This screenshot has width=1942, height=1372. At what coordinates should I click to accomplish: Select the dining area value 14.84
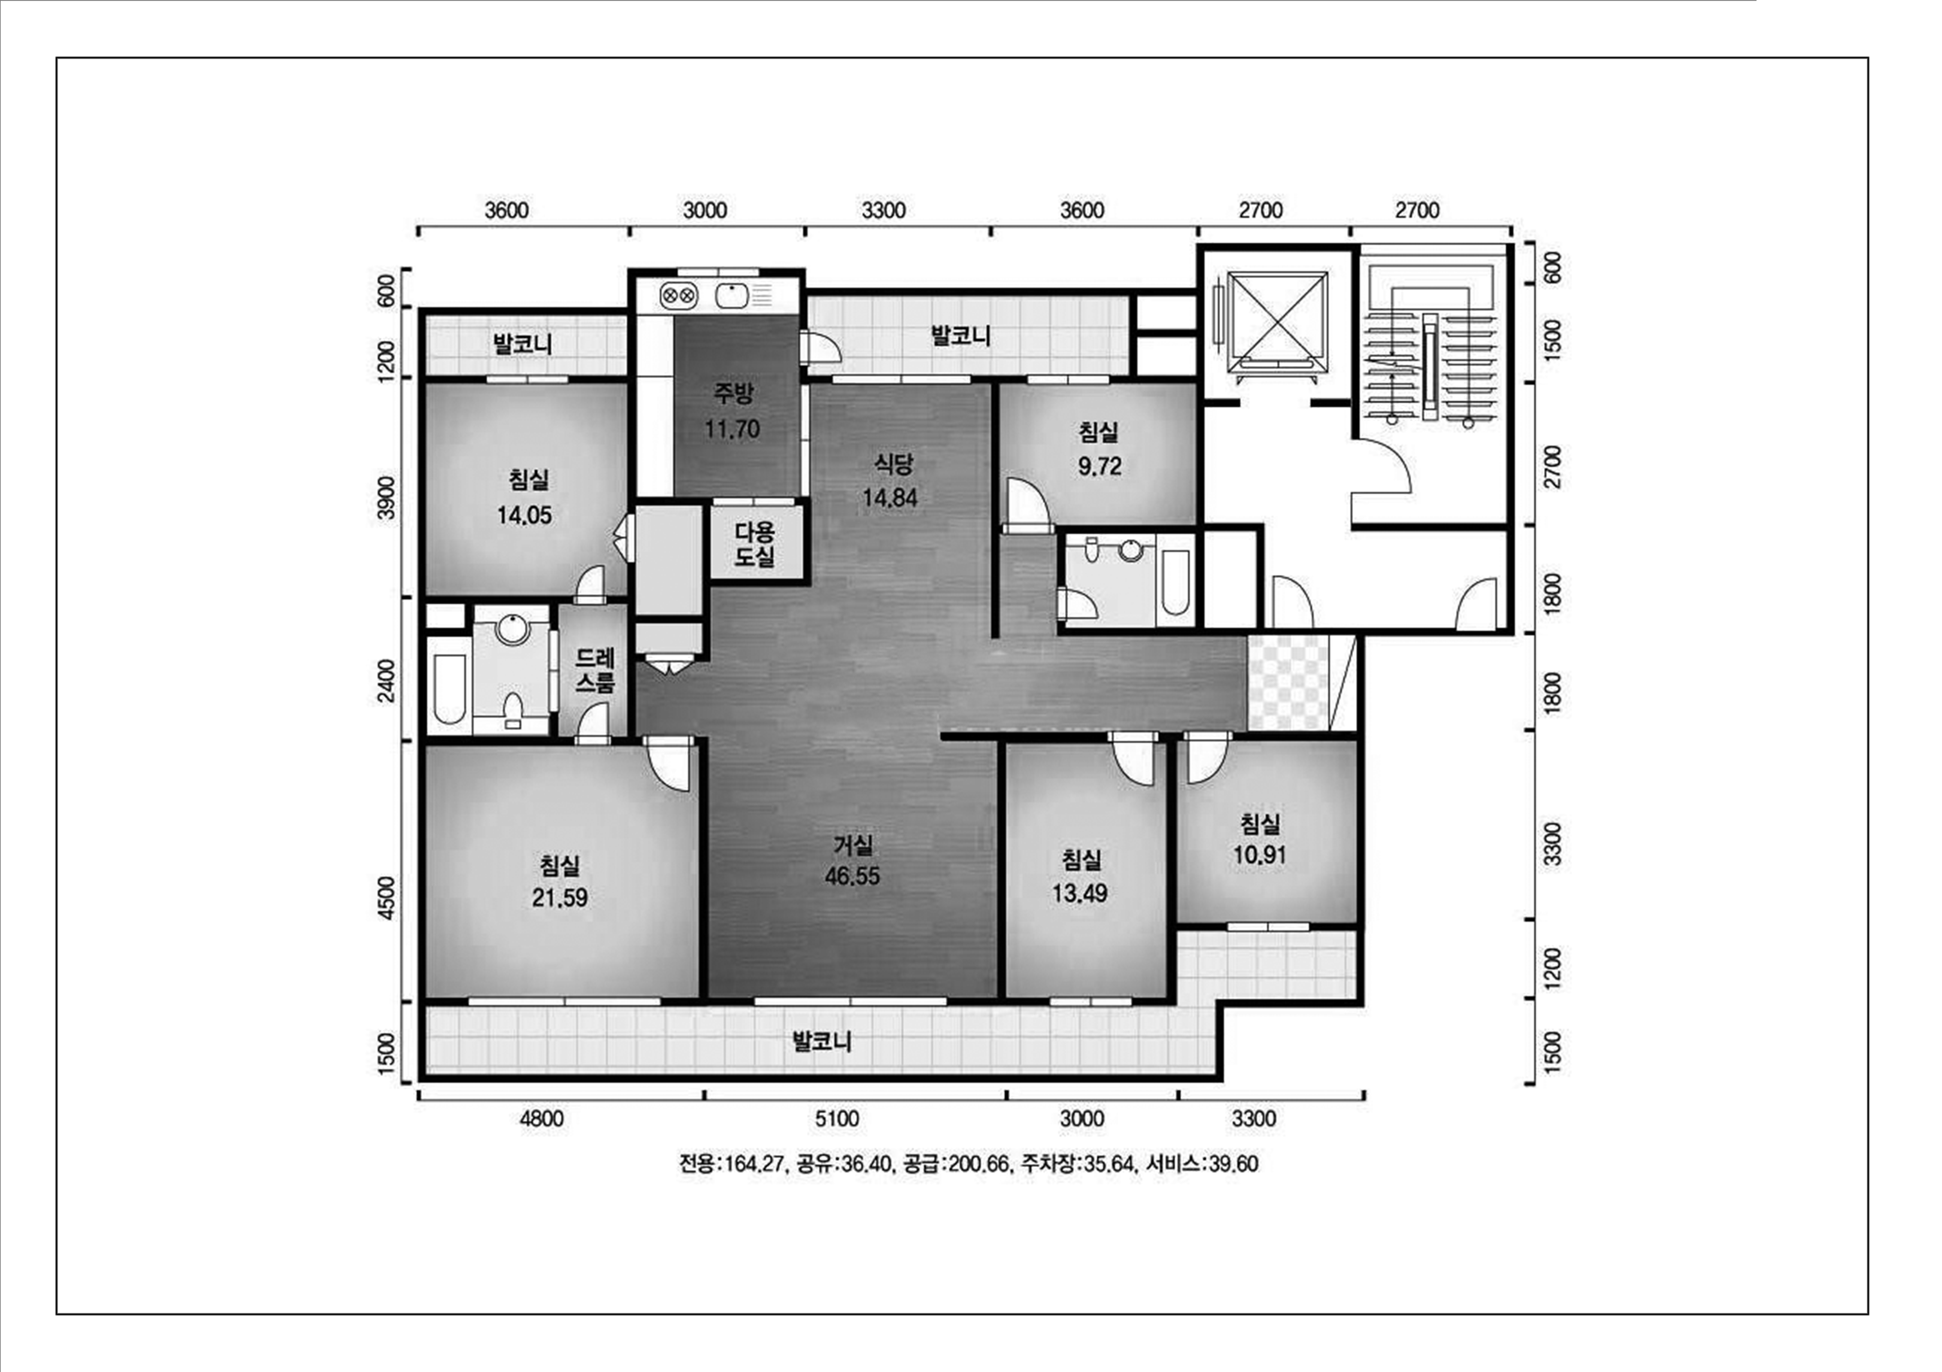890,498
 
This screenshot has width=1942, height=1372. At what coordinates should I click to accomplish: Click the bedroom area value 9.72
1100,467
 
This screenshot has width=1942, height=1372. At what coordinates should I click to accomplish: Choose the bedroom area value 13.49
1079,894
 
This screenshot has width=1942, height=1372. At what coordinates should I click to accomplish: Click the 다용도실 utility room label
754,544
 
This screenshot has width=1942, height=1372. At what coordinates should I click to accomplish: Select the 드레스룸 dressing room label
596,670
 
